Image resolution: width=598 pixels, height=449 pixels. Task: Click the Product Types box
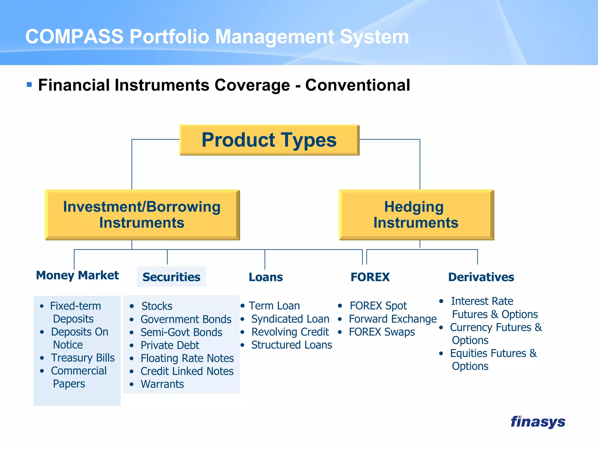269,140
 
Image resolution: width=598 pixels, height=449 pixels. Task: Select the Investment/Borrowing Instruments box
142,215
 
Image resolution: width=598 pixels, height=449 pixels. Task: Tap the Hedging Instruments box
416,215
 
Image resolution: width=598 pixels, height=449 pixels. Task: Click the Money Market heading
77,275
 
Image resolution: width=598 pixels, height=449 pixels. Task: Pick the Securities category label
171,277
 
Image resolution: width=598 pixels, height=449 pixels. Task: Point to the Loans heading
266,277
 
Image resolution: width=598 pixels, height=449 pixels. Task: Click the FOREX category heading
370,277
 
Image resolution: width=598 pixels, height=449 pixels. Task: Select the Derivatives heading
481,277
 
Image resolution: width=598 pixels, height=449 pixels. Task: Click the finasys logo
538,422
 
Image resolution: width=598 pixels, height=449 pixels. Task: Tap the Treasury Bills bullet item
83,358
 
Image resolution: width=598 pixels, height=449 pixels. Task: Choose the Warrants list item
162,384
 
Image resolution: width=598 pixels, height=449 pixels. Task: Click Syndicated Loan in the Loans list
290,319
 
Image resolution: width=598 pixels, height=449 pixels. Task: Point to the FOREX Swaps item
382,332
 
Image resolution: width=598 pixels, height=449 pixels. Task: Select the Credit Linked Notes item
187,371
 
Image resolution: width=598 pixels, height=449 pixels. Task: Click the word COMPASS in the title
74,37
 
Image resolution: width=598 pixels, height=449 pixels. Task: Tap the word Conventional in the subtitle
357,85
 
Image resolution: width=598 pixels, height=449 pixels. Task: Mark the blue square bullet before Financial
29,85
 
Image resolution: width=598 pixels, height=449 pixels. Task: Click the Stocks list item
157,306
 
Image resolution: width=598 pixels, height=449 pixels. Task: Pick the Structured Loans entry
291,345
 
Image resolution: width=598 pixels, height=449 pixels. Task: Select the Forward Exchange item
392,319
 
